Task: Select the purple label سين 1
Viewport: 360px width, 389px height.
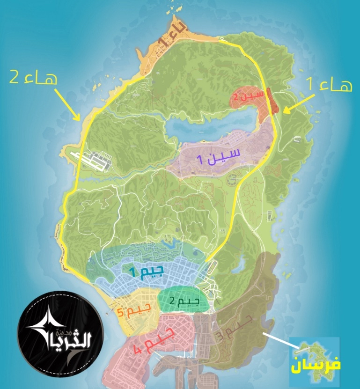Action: [x=219, y=156]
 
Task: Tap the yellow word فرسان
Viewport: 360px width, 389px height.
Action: [x=316, y=365]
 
